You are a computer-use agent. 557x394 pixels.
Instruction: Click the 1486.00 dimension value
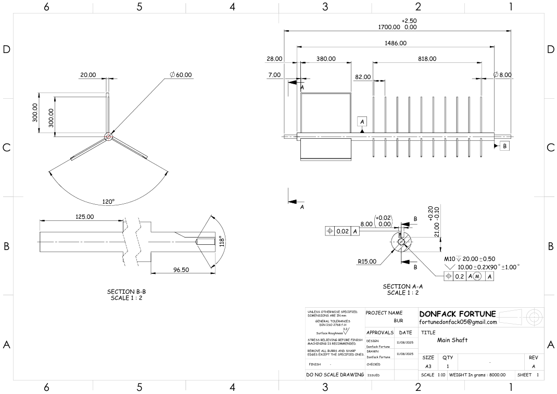(x=396, y=43)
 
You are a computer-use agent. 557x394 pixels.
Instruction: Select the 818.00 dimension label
(x=427, y=59)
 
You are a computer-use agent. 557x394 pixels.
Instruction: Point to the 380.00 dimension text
(x=326, y=59)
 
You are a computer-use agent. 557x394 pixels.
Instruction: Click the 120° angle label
(x=108, y=202)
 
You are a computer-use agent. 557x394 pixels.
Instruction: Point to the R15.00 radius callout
(x=366, y=261)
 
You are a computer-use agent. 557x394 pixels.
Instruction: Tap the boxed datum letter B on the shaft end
(x=504, y=146)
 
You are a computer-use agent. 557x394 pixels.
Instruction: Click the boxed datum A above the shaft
(x=363, y=121)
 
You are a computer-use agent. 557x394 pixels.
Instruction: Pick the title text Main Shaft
(x=452, y=340)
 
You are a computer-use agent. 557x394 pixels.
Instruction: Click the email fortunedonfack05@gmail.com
(x=458, y=322)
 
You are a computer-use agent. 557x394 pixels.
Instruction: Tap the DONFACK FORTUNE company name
(x=458, y=313)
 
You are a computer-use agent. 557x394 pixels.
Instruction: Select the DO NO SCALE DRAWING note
(x=335, y=374)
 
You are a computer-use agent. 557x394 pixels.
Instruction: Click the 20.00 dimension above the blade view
(x=87, y=75)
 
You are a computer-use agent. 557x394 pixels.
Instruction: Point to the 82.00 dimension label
(x=362, y=77)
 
